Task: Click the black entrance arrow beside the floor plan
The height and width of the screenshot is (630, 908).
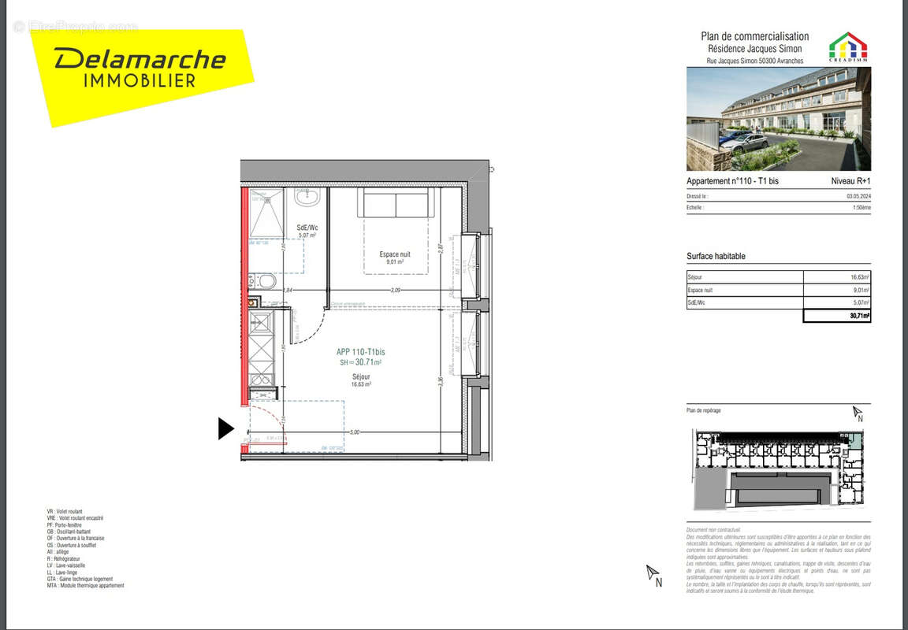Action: pyautogui.click(x=225, y=428)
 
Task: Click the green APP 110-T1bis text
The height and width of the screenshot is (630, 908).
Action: pyautogui.click(x=361, y=352)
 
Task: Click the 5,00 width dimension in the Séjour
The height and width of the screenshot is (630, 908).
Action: pyautogui.click(x=355, y=432)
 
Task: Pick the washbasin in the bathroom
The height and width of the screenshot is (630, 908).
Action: pyautogui.click(x=307, y=197)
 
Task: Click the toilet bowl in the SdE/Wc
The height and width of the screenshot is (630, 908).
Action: pyautogui.click(x=266, y=281)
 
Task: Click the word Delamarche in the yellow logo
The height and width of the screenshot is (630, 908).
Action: pyautogui.click(x=140, y=58)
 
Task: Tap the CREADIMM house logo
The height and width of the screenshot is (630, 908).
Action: pyautogui.click(x=847, y=46)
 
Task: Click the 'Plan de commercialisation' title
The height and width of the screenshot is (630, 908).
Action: pyautogui.click(x=754, y=36)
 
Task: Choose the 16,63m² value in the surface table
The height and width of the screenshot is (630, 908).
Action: pyautogui.click(x=859, y=277)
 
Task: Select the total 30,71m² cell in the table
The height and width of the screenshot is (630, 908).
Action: pyautogui.click(x=858, y=316)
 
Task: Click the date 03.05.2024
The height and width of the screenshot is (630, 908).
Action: pyautogui.click(x=859, y=196)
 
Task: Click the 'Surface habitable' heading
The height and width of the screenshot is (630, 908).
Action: pyautogui.click(x=716, y=257)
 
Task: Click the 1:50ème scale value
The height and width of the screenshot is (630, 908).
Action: pyautogui.click(x=861, y=208)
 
